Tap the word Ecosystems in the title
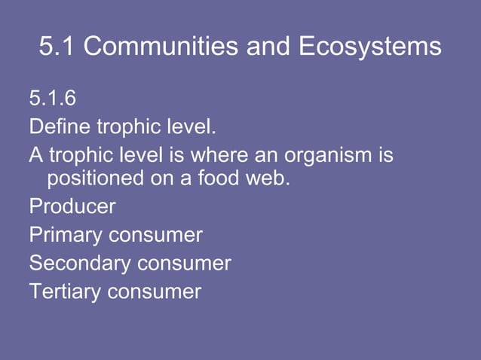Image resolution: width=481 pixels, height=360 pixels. click(x=370, y=47)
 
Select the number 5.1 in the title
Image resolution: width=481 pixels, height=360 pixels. click(x=57, y=47)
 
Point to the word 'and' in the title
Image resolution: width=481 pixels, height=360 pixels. click(x=269, y=47)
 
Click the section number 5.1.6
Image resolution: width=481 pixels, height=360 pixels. click(x=53, y=99)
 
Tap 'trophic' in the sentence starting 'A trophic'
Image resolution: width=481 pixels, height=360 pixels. click(x=81, y=156)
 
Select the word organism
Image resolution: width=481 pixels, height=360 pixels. click(x=329, y=156)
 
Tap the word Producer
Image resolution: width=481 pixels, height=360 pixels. click(x=72, y=206)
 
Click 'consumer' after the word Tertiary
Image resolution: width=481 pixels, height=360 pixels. click(x=155, y=291)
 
